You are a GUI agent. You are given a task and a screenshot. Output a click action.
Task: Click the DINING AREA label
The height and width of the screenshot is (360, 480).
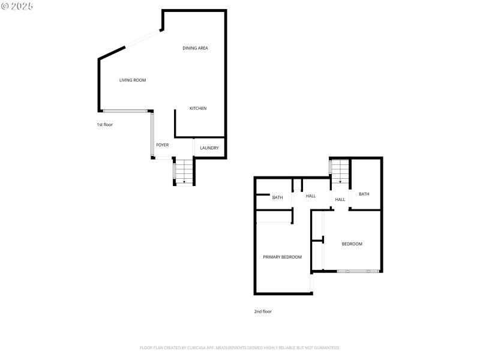[x=195, y=48]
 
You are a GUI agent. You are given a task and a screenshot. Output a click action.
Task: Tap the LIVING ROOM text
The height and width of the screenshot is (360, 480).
[x=132, y=80]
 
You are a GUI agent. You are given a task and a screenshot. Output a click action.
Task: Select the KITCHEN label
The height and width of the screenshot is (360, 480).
[x=198, y=109]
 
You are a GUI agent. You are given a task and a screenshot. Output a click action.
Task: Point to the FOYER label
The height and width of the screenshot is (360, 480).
[x=162, y=145]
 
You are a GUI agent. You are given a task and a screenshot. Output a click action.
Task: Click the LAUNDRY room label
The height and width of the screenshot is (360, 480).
[x=209, y=148]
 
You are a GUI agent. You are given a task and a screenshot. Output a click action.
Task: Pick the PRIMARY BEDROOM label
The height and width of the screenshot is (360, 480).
[x=282, y=257]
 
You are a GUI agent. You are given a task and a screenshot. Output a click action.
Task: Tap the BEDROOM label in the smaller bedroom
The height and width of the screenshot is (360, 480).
[x=352, y=244]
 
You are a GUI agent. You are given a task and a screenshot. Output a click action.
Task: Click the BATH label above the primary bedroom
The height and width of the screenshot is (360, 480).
[x=277, y=197]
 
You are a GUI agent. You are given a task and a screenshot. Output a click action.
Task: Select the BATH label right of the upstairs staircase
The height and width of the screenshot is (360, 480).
[x=364, y=194]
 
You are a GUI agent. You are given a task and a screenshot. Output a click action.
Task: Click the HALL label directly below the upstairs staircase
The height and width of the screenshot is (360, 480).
[x=340, y=200]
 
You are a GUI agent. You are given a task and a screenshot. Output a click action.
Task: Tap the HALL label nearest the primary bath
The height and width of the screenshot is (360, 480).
[x=310, y=196]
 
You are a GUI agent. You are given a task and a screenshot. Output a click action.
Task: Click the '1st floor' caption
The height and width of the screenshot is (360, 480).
[x=105, y=125]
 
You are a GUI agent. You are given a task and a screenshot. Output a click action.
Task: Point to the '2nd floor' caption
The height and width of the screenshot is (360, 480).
[x=263, y=311]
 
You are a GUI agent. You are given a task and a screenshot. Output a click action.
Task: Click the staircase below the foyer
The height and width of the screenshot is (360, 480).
[x=184, y=172]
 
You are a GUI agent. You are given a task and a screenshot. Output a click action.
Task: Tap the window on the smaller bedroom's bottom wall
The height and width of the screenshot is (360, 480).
[x=358, y=272]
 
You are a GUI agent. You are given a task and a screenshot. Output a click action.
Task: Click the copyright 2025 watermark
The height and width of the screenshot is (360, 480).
[x=17, y=6]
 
